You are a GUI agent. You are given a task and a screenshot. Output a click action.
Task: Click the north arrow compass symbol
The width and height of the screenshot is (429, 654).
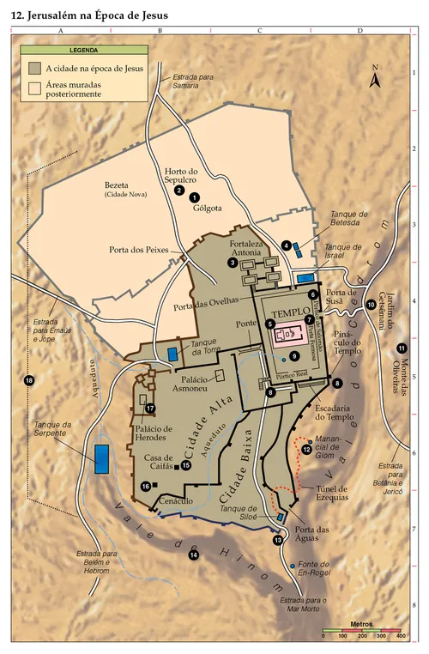pos(375,79)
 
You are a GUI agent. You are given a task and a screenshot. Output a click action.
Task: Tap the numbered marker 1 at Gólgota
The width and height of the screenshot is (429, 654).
pos(195,197)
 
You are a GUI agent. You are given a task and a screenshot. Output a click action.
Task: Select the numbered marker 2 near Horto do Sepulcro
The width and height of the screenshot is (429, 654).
pos(179,191)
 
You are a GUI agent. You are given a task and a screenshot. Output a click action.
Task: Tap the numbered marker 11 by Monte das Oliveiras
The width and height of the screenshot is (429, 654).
pos(401,348)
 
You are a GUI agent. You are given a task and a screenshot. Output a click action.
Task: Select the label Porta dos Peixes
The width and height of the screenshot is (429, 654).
pos(137,251)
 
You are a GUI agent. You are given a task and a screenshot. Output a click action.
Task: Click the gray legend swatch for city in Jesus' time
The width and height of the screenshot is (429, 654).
pos(34,68)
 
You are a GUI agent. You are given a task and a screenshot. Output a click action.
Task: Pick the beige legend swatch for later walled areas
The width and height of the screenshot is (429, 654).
pos(34,88)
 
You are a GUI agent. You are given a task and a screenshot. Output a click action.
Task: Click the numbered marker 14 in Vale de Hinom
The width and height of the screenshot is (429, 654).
pos(193,555)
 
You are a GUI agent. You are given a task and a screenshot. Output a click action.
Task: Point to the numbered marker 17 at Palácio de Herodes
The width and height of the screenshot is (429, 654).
pos(150,409)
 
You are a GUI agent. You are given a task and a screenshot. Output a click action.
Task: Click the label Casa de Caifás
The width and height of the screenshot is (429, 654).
pos(160,463)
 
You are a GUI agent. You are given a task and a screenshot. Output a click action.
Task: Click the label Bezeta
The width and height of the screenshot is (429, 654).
pos(116,184)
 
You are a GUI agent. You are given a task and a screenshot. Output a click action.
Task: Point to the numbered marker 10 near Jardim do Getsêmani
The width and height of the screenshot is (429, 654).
pos(371,304)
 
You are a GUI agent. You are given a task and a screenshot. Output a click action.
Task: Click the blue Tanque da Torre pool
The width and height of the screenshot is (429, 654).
pos(173,354)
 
